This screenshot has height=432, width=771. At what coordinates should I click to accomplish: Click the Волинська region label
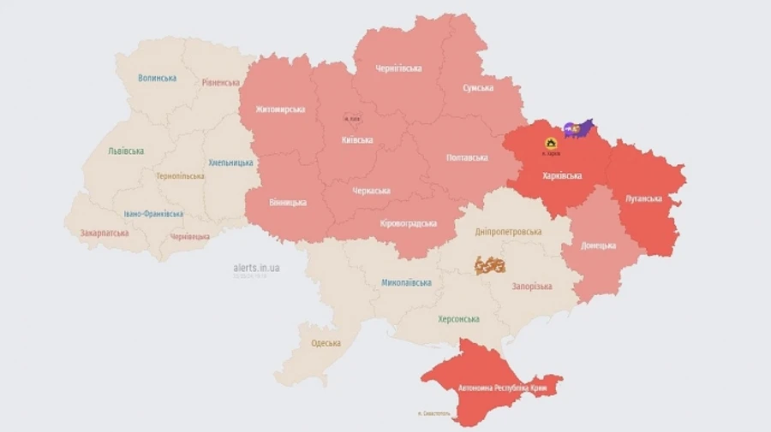(x=157, y=78)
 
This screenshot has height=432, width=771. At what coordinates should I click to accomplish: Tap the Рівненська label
(x=221, y=83)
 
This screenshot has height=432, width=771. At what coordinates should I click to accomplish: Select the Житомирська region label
(x=279, y=109)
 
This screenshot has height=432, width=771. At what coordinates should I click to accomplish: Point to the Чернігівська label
(x=398, y=68)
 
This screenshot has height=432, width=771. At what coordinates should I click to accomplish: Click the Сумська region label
(x=477, y=88)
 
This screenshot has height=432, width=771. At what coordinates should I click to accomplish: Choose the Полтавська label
(x=467, y=157)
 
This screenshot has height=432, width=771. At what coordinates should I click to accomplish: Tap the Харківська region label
(x=562, y=175)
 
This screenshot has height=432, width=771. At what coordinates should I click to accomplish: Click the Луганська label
(x=643, y=198)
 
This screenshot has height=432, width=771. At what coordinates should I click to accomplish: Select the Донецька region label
(x=598, y=246)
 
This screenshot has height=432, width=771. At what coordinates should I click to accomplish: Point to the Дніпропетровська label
(x=509, y=232)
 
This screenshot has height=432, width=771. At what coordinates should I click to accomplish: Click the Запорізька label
(x=532, y=287)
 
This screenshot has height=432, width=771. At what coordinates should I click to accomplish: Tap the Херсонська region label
(x=458, y=319)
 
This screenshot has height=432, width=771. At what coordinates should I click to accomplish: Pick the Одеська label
(x=326, y=343)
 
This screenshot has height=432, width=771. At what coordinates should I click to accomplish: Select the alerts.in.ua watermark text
(x=256, y=268)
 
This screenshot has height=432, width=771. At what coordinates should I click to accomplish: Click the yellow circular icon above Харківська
(x=552, y=143)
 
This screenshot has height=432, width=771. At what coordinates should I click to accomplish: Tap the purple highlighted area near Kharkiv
(x=579, y=128)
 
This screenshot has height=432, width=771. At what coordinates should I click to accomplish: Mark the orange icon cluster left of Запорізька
(x=490, y=265)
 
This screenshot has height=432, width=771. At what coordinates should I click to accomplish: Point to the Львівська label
(x=126, y=151)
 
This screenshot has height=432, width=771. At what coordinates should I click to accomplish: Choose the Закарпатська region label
(x=105, y=233)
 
